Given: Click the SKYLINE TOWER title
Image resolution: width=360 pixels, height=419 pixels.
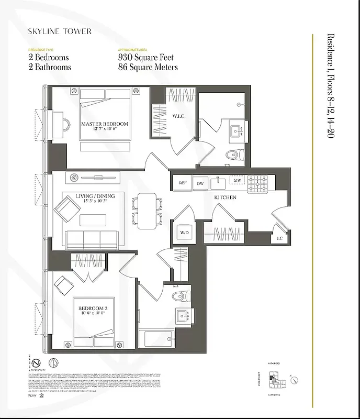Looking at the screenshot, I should [x=60, y=31].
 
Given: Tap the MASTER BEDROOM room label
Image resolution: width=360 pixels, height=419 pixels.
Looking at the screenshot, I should [x=104, y=124].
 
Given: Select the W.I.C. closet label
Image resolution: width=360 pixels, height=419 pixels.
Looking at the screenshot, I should [x=179, y=116].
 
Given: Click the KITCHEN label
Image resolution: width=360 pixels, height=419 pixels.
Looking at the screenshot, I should [x=225, y=197].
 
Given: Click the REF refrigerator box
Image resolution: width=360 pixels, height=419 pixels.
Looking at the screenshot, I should [x=183, y=183].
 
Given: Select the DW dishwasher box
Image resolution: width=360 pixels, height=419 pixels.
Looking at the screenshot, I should [x=200, y=183].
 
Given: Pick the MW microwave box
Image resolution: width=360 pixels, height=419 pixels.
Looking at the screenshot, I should [x=237, y=181].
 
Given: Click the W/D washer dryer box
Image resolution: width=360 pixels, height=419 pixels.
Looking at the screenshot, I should [x=184, y=233].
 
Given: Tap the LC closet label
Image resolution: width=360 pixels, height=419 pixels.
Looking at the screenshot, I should [x=280, y=238].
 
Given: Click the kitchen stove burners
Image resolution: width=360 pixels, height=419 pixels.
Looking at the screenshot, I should [x=257, y=183].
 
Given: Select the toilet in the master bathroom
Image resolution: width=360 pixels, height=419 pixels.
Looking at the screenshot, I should [x=236, y=155].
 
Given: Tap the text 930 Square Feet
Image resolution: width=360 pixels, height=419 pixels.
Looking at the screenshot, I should [x=146, y=58].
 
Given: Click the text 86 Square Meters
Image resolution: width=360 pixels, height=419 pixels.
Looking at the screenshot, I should [x=148, y=67].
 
